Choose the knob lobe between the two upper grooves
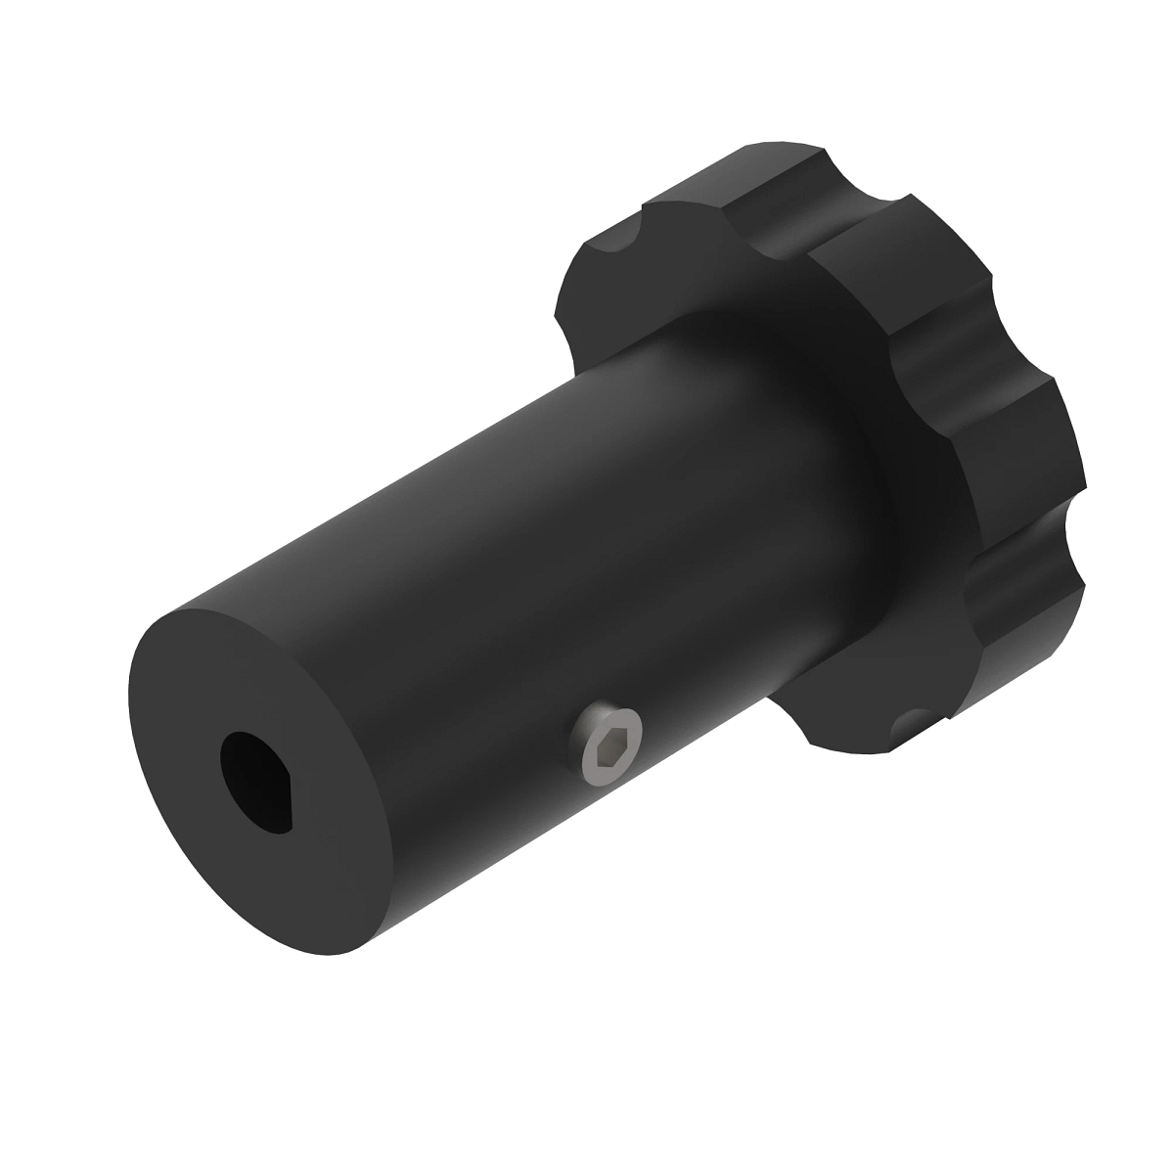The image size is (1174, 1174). point(939,293)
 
